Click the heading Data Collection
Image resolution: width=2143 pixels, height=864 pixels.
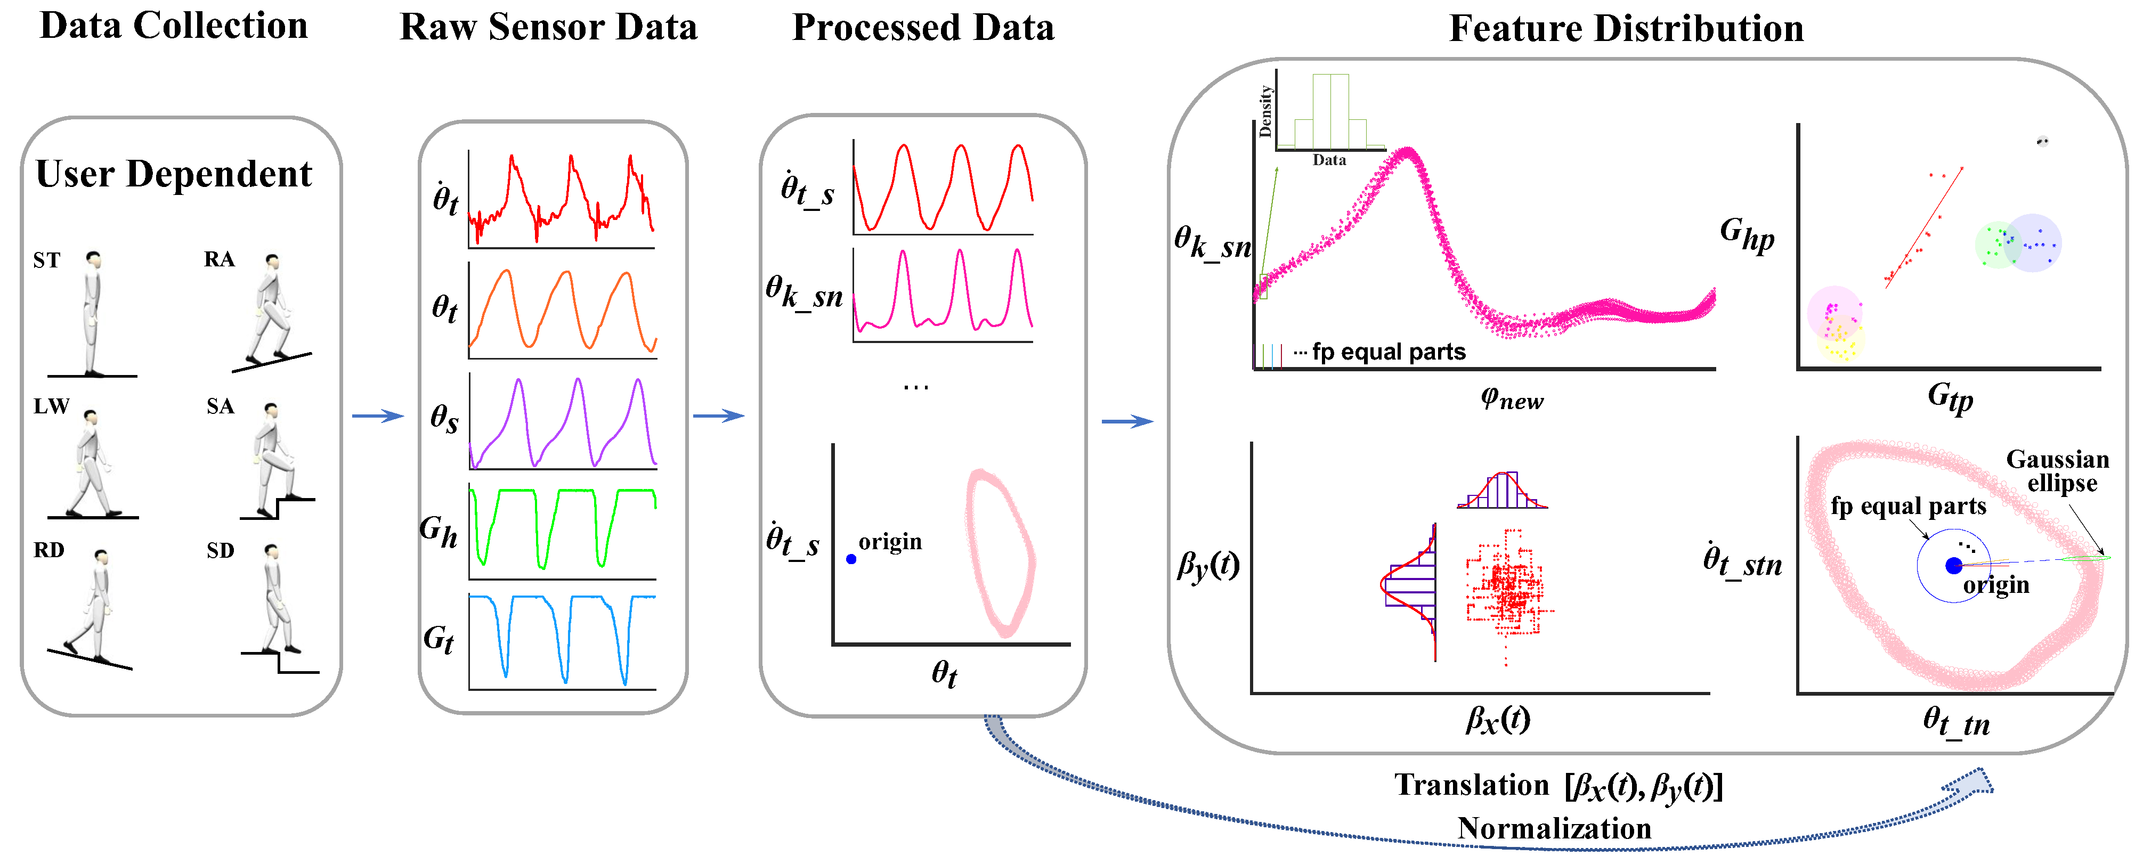click(x=173, y=26)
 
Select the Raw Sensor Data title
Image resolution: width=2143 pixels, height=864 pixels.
click(x=548, y=28)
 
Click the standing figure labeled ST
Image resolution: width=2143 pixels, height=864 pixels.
click(x=92, y=312)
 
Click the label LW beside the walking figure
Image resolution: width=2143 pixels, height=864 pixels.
click(x=51, y=406)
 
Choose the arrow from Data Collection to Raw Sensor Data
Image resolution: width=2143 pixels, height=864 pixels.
click(x=378, y=416)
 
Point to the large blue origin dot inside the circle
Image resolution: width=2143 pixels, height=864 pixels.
click(x=1953, y=566)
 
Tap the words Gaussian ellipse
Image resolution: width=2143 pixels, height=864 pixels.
click(x=2057, y=471)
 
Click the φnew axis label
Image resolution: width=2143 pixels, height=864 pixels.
click(x=1512, y=398)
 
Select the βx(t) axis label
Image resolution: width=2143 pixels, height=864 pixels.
click(x=1497, y=719)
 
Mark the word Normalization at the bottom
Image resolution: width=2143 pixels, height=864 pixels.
click(x=1554, y=828)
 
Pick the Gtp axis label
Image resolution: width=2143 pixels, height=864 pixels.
click(x=1949, y=397)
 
